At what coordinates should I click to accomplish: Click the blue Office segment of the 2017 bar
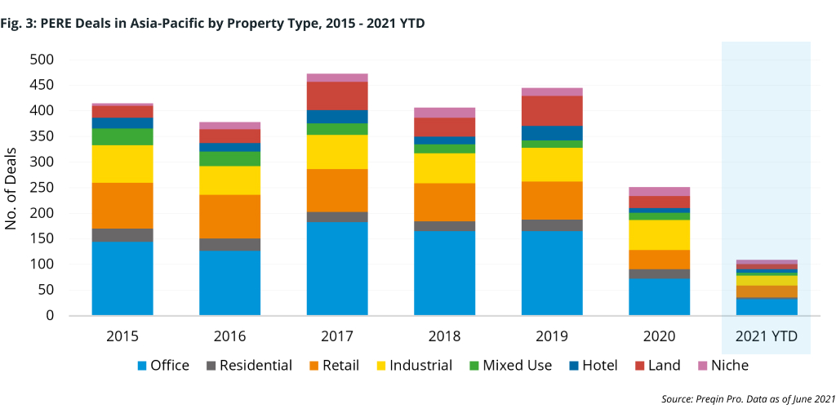[x=337, y=268]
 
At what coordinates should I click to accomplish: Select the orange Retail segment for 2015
[x=122, y=205]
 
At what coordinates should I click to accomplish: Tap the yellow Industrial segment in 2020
[x=659, y=234]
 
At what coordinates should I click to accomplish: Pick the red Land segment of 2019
[x=552, y=110]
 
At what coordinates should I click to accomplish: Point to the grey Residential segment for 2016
[x=229, y=244]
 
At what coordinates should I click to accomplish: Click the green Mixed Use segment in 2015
[x=122, y=136]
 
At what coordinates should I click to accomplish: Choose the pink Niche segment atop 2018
[x=444, y=112]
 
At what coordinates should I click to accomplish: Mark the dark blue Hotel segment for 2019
[x=552, y=132]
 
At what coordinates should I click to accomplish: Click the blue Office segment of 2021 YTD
[x=767, y=306]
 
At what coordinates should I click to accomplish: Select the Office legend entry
[x=162, y=365]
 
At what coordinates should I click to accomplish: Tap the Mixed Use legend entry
[x=508, y=365]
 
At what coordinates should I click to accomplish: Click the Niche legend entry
[x=721, y=365]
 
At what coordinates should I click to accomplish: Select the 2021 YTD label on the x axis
[x=767, y=336]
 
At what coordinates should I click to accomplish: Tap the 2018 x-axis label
[x=444, y=336]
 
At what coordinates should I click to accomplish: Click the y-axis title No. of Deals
[x=11, y=187]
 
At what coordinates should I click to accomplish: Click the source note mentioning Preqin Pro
[x=748, y=398]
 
